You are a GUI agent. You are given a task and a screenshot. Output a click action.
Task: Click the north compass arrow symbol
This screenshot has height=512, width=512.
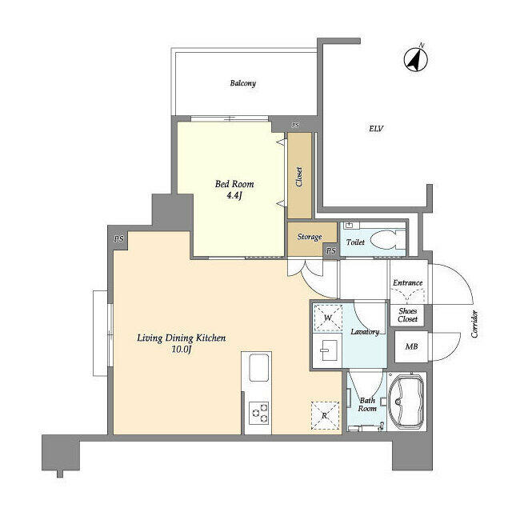click(415, 58)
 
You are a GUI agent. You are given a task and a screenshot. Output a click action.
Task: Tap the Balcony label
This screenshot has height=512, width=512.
click(242, 83)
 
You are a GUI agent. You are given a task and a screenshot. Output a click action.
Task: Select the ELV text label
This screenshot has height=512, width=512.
click(375, 128)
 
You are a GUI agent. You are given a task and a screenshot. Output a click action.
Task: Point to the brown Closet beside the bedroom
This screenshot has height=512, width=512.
click(299, 175)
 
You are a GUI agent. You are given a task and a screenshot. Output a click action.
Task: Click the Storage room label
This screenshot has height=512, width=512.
click(309, 238)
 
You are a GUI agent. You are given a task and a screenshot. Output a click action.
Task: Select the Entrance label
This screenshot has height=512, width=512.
click(408, 282)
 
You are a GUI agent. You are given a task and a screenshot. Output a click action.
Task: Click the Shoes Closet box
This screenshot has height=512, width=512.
click(408, 315)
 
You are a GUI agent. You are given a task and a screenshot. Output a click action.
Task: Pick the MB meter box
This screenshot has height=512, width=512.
click(410, 346)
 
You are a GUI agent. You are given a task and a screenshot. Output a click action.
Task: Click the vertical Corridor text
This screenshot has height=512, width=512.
click(474, 324)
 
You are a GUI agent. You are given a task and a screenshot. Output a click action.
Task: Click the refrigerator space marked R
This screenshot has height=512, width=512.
click(324, 415)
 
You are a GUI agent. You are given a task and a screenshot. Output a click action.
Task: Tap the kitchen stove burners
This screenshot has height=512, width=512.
click(260, 413)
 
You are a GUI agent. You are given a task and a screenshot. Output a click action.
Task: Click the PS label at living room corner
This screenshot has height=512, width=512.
click(118, 238)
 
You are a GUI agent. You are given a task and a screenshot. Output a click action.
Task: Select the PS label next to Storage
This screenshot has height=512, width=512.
click(330, 251)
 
